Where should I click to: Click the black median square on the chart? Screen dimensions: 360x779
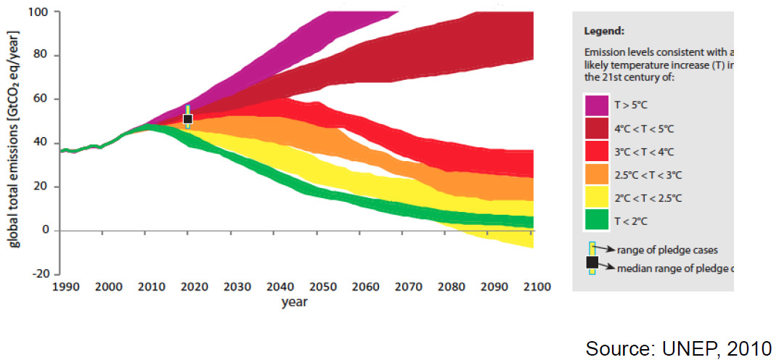[x=187, y=118]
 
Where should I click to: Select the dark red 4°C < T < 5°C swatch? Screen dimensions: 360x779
[x=596, y=129]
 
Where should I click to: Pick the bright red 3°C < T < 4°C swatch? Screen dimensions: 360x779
[x=596, y=152]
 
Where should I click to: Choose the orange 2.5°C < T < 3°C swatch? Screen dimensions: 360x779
[x=596, y=174]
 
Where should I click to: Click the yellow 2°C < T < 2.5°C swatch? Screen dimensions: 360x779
[x=596, y=197]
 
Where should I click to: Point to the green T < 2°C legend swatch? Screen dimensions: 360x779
[x=596, y=219]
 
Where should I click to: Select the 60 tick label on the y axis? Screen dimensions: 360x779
[x=43, y=99]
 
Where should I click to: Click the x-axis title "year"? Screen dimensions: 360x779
[x=294, y=302]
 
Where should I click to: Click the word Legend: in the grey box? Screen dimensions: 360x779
[x=604, y=32]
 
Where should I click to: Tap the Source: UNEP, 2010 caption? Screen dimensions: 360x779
[x=678, y=348]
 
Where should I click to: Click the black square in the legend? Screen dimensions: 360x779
[x=592, y=262]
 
